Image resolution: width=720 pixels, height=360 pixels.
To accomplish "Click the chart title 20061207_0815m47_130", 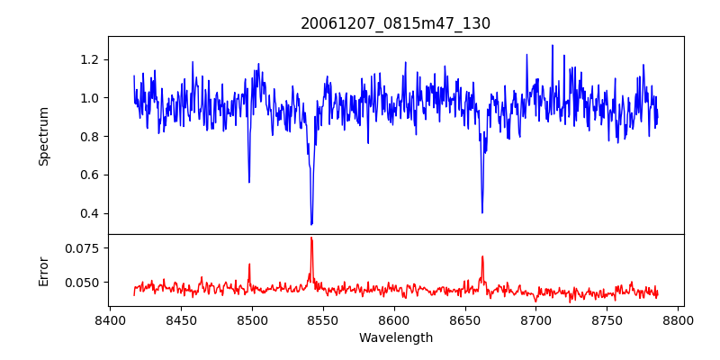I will [395, 23].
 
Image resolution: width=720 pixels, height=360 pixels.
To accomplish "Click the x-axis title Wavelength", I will [395, 337].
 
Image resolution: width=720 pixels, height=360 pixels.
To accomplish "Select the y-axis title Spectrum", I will [43, 136].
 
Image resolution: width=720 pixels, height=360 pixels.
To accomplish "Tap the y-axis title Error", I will [43, 271].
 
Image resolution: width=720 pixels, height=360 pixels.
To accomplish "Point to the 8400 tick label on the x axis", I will [110, 319].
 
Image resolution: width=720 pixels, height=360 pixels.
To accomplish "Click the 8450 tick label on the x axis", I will [181, 319].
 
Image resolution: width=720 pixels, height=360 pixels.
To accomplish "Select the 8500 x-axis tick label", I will [252, 319].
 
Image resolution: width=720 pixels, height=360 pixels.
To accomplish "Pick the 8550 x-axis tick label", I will [323, 319].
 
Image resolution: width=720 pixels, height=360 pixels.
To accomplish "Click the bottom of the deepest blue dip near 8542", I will [311, 224].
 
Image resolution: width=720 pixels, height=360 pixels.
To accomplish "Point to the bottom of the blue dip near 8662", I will [482, 212].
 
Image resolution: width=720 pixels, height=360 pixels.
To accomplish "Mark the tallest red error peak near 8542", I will [311, 238].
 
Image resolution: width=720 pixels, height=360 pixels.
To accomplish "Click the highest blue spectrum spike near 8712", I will [553, 45].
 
